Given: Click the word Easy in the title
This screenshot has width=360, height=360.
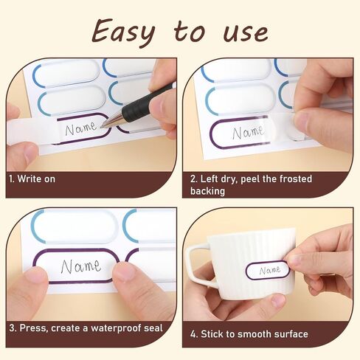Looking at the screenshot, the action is pos(123,32).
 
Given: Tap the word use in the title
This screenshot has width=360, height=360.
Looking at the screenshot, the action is pos(246,32).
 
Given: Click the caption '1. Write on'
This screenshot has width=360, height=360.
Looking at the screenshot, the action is pos(32,179).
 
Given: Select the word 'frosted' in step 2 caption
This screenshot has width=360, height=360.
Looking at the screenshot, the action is pos(296,179).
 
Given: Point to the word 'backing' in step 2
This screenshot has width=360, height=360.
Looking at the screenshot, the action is pos(207,191).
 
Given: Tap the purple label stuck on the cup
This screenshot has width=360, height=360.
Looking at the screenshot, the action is pos(268,270).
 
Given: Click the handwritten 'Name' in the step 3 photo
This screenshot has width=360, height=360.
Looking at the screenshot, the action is pos(81,266).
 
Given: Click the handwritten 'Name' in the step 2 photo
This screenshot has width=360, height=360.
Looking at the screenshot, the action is pos(248,133).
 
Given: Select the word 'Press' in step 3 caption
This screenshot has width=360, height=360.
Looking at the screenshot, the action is pos(33,328).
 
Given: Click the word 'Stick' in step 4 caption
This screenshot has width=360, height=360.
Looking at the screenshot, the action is pos(212,334).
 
